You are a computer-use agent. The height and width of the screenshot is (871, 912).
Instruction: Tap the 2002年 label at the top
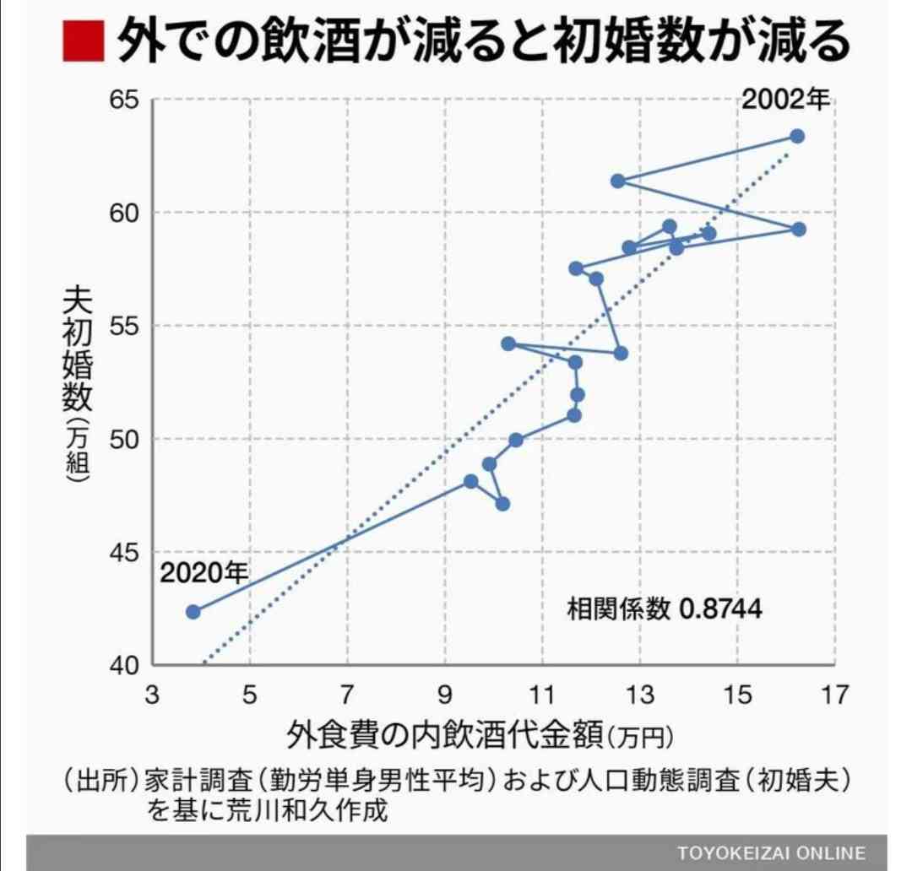(x=786, y=100)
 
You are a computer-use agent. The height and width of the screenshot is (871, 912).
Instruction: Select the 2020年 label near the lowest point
(x=204, y=574)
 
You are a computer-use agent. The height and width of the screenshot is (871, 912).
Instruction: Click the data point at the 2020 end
(x=193, y=611)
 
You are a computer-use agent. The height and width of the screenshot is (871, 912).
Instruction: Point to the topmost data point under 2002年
(x=797, y=136)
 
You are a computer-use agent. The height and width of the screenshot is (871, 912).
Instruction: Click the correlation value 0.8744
(x=720, y=609)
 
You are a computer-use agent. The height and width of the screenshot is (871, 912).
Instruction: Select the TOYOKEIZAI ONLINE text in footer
(x=771, y=852)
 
